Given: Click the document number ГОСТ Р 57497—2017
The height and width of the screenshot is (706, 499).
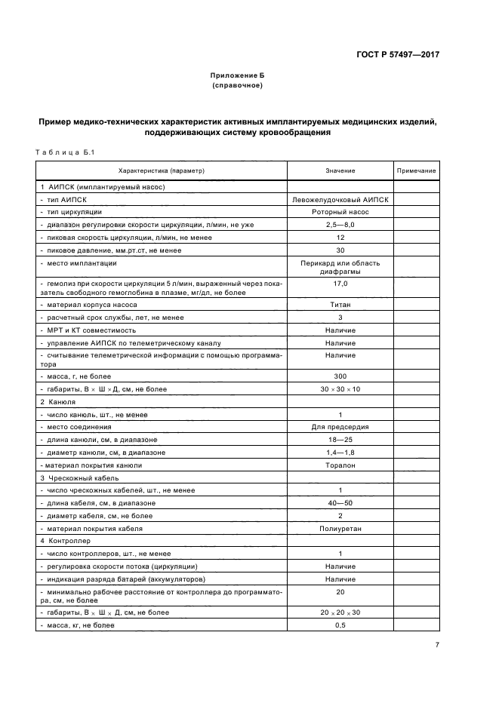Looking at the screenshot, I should tap(398, 54).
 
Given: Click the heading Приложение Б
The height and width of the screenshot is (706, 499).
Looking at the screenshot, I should tap(237, 75).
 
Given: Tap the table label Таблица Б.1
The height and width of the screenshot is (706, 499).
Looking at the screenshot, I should tap(63, 153).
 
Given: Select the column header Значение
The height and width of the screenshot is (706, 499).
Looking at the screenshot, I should tap(340, 171).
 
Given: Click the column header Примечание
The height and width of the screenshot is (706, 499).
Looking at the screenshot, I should tap(417, 171).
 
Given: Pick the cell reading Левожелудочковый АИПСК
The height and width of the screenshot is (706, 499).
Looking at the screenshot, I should tap(340, 199).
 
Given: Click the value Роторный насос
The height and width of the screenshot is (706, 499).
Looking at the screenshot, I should tap(340, 212).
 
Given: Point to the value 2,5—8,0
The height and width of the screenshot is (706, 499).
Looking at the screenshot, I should tap(340, 225).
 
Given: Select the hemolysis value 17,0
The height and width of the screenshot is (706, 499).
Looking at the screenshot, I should tap(340, 284).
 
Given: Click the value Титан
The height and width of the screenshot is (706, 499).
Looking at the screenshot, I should tap(340, 305).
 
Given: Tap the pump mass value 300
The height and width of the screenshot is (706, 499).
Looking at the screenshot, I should tap(340, 376).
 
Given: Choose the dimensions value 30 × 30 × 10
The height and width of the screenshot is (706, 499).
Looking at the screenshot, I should tap(340, 388).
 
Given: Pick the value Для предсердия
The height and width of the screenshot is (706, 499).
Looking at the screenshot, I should tap(340, 427).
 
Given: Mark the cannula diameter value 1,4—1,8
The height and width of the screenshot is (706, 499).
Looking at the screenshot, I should tap(340, 453).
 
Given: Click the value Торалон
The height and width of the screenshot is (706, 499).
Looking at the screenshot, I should tap(340, 465).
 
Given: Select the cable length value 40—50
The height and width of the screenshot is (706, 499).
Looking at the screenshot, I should tap(340, 503).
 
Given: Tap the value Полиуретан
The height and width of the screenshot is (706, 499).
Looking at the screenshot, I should tap(340, 529).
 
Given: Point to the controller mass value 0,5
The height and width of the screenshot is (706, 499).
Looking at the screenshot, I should tap(340, 625).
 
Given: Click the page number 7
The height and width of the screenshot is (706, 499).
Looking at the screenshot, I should tap(437, 644).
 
